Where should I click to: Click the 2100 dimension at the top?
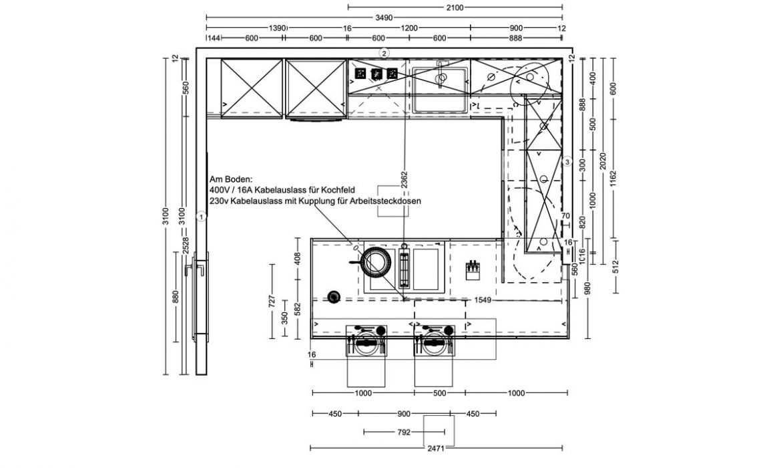click(x=455, y=7)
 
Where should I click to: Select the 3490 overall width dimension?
click(x=384, y=17)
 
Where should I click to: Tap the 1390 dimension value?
click(x=278, y=28)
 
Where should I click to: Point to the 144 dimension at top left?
click(x=214, y=38)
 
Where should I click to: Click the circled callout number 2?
click(x=384, y=52)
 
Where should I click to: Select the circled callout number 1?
click(x=201, y=217)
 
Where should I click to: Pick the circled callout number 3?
click(x=567, y=162)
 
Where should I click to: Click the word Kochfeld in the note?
click(x=338, y=190)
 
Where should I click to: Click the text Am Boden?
click(x=231, y=179)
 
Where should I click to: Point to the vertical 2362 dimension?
click(x=404, y=180)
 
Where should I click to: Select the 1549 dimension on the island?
click(x=483, y=300)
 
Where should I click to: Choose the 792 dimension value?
click(x=405, y=432)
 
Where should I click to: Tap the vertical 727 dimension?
click(x=272, y=301)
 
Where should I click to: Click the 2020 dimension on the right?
click(x=602, y=160)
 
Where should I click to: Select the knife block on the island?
click(x=472, y=268)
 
